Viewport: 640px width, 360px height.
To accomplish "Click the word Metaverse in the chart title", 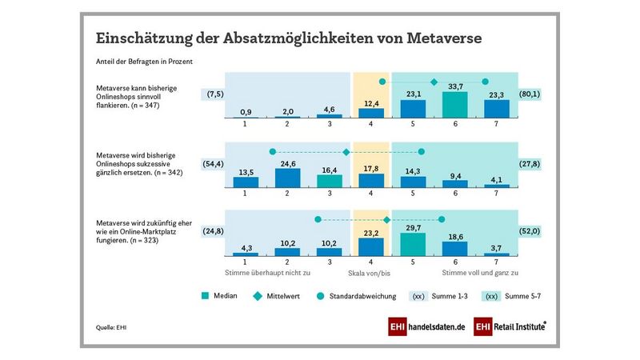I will click(x=444, y=38).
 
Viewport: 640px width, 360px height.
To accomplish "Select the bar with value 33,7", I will click(x=455, y=105).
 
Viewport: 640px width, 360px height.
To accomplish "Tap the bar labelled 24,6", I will click(x=287, y=178).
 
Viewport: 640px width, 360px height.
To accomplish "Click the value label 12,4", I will click(x=371, y=102).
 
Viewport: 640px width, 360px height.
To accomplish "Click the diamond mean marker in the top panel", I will click(x=434, y=82).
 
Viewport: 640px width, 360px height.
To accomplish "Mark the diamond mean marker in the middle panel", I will click(x=346, y=152).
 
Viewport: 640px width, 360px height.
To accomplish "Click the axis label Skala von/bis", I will click(x=370, y=273).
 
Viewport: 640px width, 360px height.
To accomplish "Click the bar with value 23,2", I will click(x=371, y=247).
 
